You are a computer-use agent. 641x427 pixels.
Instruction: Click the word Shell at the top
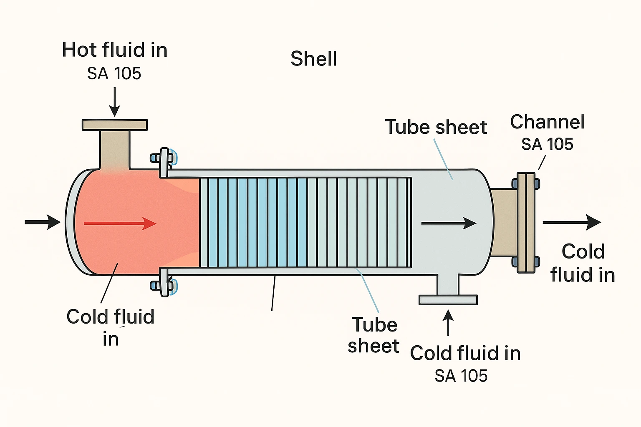(x=313, y=59)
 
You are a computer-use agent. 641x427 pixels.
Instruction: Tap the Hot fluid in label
(x=115, y=50)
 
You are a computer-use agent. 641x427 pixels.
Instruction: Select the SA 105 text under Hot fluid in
(x=114, y=74)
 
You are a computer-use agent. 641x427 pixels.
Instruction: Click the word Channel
(x=547, y=122)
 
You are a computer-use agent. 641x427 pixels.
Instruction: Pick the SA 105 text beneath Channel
(x=547, y=144)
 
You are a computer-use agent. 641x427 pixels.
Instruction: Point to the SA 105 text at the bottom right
(x=461, y=376)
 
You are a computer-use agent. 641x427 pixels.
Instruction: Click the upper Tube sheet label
(x=436, y=127)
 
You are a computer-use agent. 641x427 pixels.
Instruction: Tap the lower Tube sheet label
(x=373, y=335)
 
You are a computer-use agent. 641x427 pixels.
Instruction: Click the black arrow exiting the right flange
(x=572, y=222)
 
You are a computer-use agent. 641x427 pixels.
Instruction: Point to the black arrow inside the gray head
(x=449, y=223)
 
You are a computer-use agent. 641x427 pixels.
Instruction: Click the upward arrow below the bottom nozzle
(x=448, y=322)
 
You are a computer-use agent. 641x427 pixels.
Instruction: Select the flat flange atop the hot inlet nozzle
(x=115, y=125)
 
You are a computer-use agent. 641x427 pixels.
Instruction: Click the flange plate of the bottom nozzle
(x=448, y=300)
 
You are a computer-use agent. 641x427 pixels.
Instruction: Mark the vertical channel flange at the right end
(x=526, y=223)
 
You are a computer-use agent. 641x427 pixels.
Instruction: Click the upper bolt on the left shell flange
(x=165, y=158)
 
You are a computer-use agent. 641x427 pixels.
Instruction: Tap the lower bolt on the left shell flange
(x=165, y=285)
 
